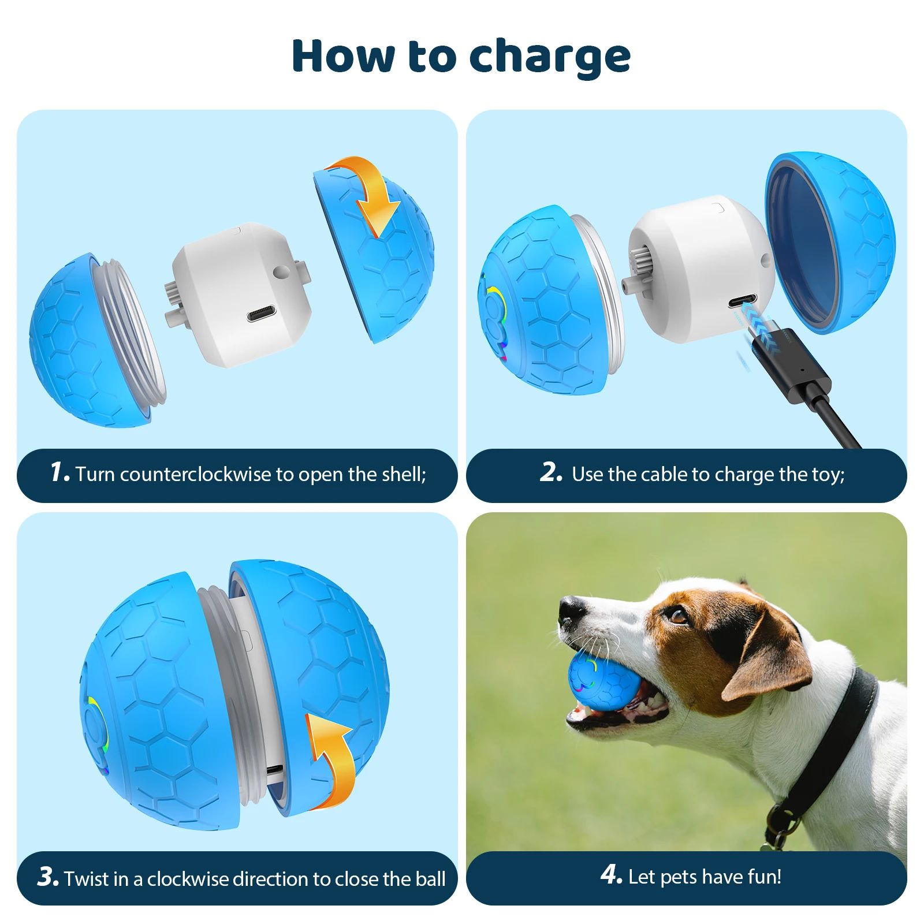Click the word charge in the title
pyautogui.click(x=549, y=57)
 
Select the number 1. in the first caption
pyautogui.click(x=59, y=472)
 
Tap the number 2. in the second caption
pyautogui.click(x=551, y=472)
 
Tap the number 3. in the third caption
pyautogui.click(x=47, y=876)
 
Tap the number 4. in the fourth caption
pyautogui.click(x=611, y=874)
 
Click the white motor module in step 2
pyautogui.click(x=702, y=269)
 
